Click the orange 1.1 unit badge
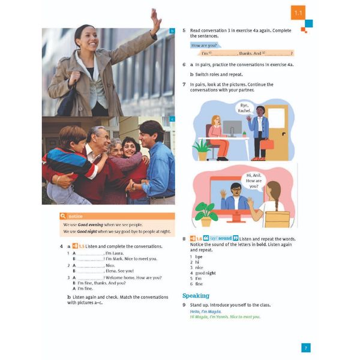coord(298,12)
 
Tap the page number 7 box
coord(305,347)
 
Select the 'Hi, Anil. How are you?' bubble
coord(254,180)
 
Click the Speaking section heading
coord(196,295)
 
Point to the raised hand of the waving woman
coord(155,20)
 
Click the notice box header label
coord(76,215)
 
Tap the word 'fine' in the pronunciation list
coord(199,284)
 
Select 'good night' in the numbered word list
coord(205,273)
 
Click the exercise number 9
coord(184,305)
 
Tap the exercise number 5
coord(184,31)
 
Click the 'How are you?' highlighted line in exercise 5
coord(204,45)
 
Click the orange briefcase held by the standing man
coord(266,144)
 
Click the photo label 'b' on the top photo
coord(172,31)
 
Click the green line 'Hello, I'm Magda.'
coord(206,311)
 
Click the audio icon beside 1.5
coord(74,247)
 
